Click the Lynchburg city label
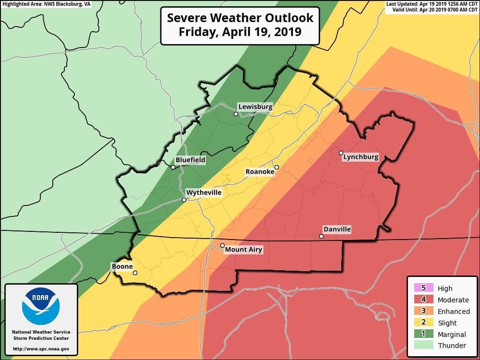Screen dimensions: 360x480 tap(361, 157)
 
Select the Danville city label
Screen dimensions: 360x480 tap(336, 229)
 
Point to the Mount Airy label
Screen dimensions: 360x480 tap(243, 250)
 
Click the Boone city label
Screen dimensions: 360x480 tap(122, 266)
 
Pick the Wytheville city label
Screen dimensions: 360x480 tap(204, 192)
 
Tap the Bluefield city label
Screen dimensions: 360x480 tap(190, 160)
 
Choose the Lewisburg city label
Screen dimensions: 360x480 tap(255, 107)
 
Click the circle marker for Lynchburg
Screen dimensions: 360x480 tap(341, 153)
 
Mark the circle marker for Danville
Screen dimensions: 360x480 tap(321, 236)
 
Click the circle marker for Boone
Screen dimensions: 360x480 tap(135, 273)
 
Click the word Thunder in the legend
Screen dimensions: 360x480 tap(452, 346)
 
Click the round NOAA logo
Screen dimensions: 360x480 tap(41, 306)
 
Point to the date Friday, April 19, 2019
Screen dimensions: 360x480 tap(240, 33)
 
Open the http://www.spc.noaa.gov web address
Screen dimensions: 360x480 tap(41, 349)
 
